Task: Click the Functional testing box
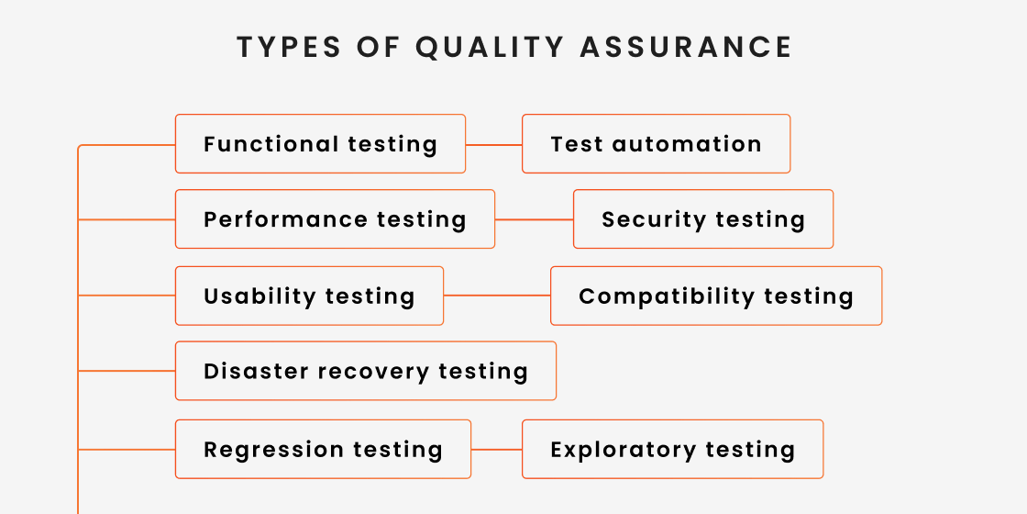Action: click(x=320, y=144)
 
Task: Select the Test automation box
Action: click(x=656, y=144)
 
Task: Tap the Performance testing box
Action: click(x=335, y=219)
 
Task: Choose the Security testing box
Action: click(x=703, y=219)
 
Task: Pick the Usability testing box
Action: click(x=309, y=296)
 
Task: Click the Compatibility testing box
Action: click(x=716, y=296)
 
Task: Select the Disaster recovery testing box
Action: click(x=366, y=372)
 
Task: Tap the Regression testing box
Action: click(x=323, y=450)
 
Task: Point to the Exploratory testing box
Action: click(x=672, y=450)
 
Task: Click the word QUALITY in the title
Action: click(x=496, y=47)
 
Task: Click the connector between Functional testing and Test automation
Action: click(x=493, y=145)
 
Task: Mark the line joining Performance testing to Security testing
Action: click(x=534, y=220)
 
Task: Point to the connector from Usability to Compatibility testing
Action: click(x=496, y=296)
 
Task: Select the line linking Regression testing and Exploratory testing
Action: click(x=496, y=450)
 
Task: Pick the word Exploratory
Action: click(x=610, y=450)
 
